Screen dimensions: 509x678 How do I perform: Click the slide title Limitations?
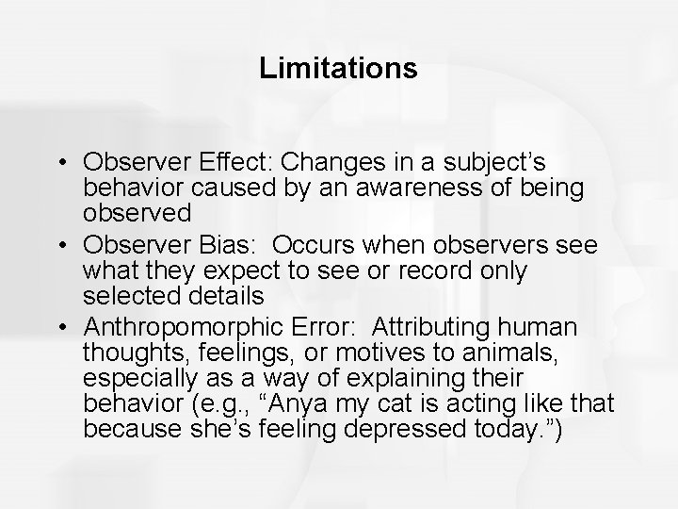[338, 69]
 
